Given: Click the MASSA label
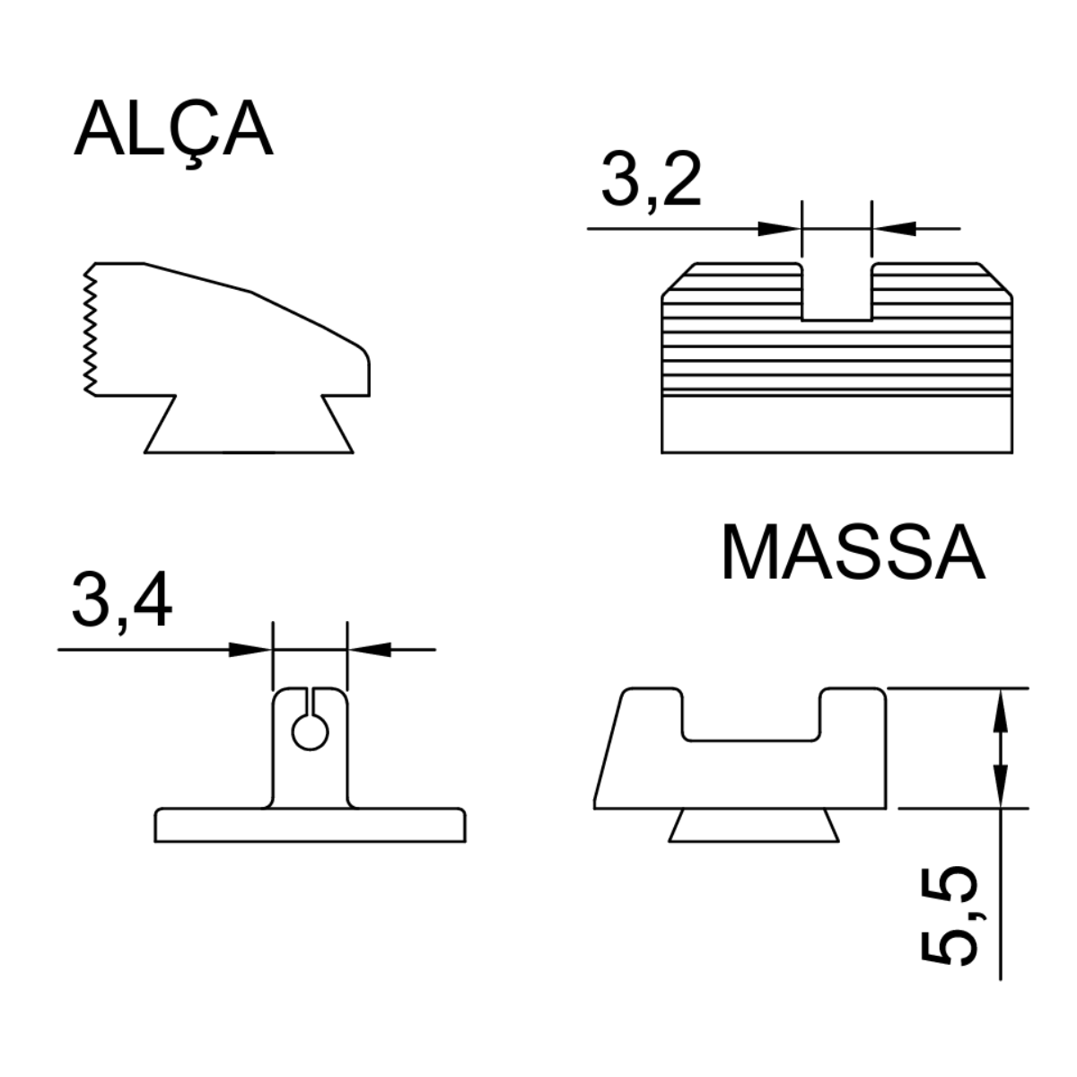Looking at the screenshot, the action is (854, 552).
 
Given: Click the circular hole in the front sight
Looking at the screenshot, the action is (311, 732).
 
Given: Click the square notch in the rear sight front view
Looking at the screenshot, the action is (836, 293).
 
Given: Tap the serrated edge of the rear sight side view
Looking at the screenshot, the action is (90, 329).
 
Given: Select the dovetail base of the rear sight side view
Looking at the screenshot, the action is (249, 425).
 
